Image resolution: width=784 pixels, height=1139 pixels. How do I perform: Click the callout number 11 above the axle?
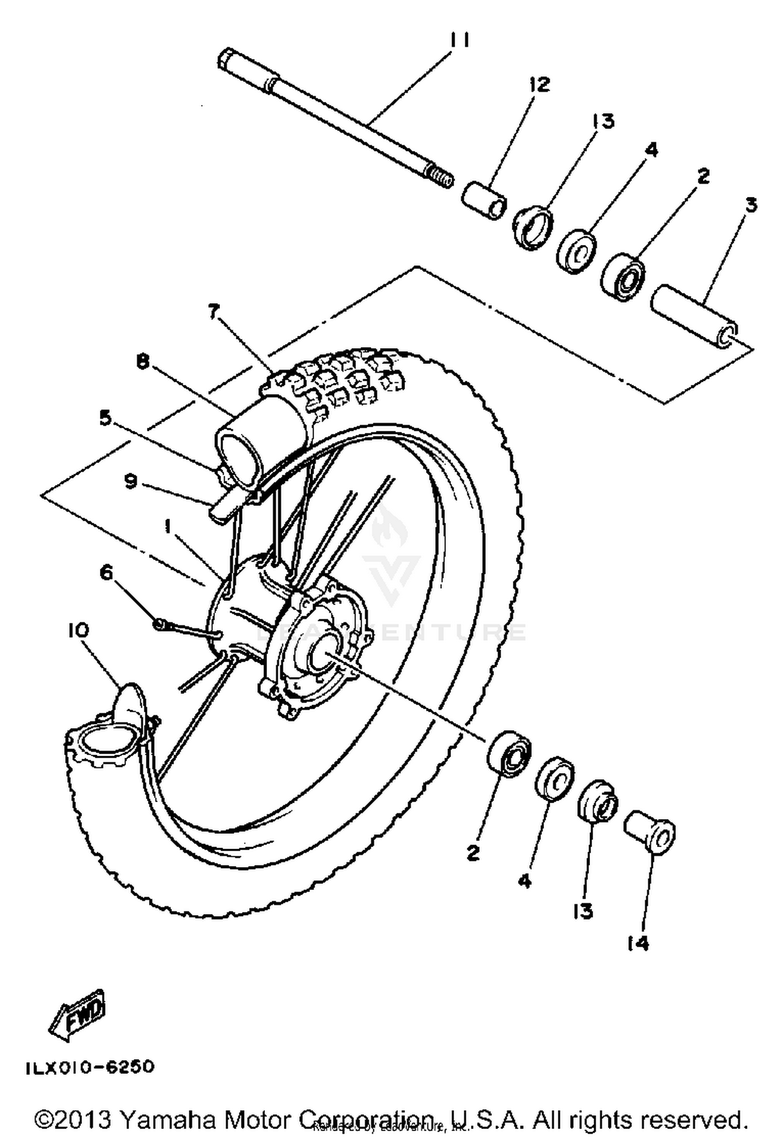459,40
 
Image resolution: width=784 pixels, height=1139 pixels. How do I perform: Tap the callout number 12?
539,84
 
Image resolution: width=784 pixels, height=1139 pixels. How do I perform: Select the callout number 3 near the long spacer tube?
751,205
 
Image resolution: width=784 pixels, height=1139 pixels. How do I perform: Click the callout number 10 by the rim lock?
78,630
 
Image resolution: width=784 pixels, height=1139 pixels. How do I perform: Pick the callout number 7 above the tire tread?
212,312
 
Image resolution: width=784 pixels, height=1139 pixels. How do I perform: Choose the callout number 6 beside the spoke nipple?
106,573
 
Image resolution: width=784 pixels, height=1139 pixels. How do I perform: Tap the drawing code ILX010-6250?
90,1067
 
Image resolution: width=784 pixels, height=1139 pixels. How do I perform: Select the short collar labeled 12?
483,199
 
